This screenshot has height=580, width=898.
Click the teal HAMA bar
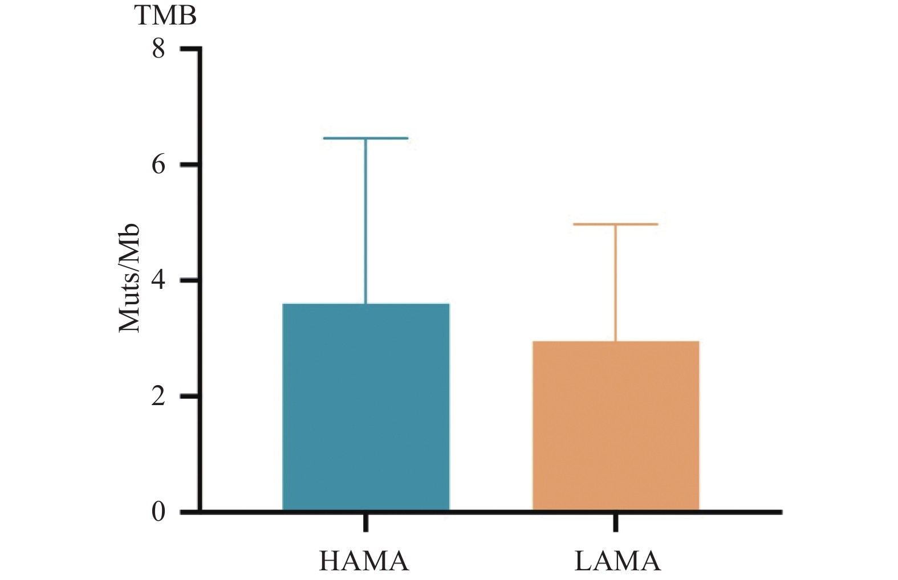[x=365, y=407]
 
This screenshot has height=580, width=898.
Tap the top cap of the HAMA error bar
[x=365, y=138]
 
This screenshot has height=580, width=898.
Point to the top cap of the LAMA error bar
[x=616, y=224]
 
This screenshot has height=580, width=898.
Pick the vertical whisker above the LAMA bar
[x=616, y=283]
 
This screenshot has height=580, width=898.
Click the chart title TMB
[x=166, y=15]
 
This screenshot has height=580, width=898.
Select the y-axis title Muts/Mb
[x=129, y=277]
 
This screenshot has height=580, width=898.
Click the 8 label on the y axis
[x=158, y=49]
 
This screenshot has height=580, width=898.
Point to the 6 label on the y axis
[x=158, y=165]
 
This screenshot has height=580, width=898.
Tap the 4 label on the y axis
[x=158, y=280]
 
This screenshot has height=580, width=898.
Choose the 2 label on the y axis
[x=158, y=396]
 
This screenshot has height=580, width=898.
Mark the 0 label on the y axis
[x=158, y=512]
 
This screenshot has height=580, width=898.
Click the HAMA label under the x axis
[x=364, y=561]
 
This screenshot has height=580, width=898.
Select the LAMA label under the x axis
[x=617, y=561]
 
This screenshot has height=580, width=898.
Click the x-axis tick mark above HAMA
[x=365, y=523]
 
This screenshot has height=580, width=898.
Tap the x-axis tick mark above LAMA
[x=616, y=523]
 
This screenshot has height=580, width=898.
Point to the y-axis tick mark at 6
[x=189, y=165]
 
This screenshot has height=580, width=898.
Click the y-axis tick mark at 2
[x=189, y=396]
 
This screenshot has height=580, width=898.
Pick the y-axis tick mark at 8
[x=189, y=49]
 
